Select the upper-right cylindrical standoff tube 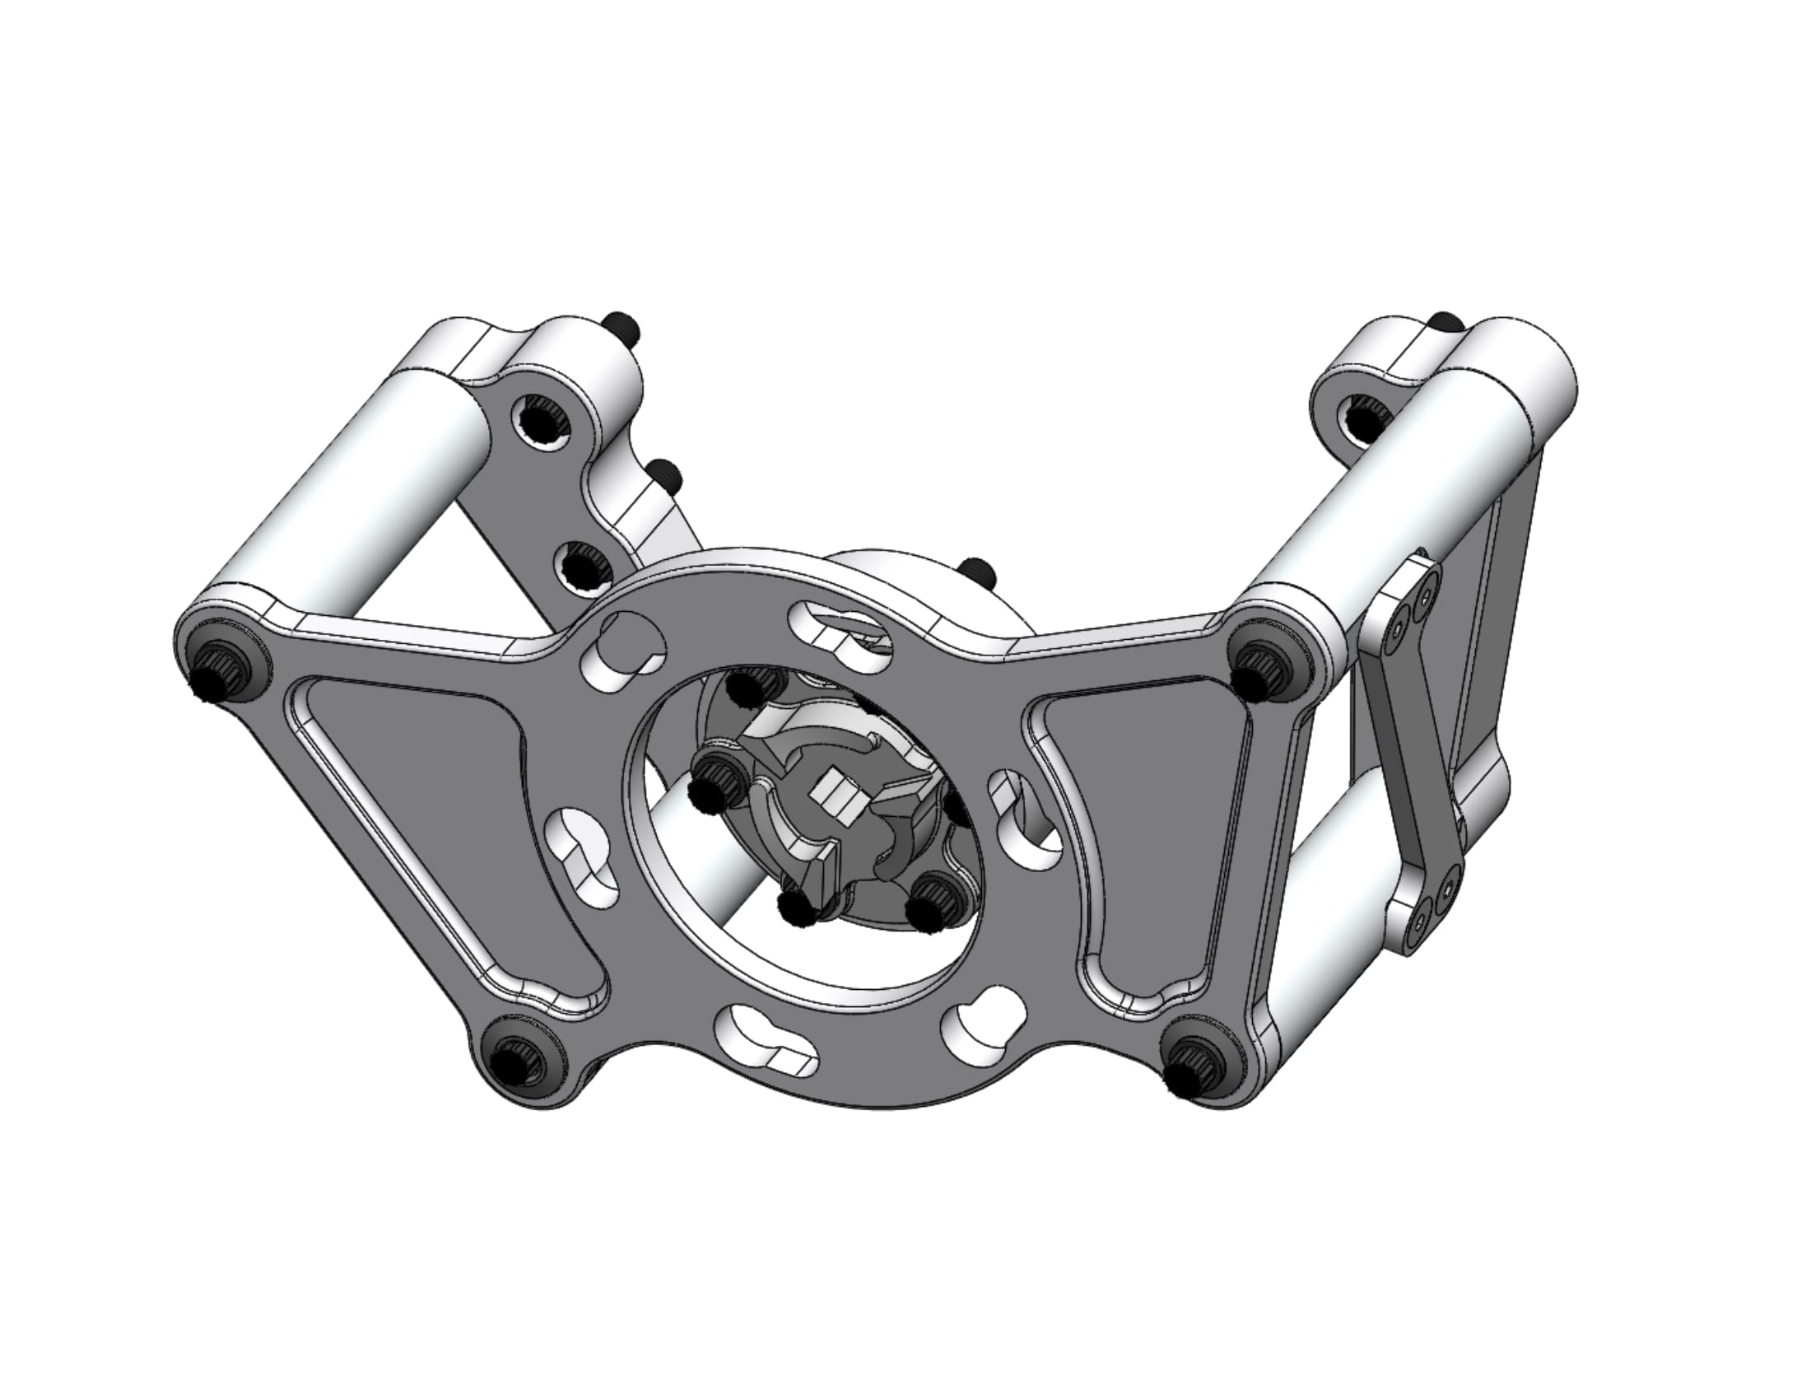click(x=1368, y=489)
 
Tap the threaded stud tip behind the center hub click(x=977, y=572)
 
